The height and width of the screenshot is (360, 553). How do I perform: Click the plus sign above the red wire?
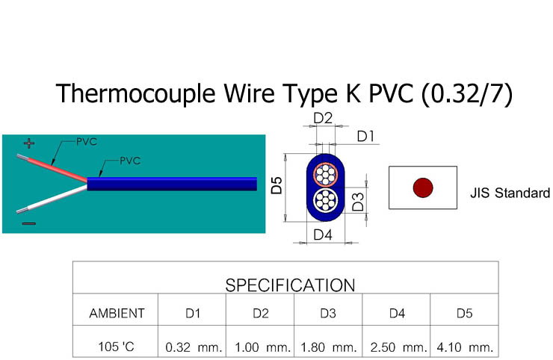coord(29,143)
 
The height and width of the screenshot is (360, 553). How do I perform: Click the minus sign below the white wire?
coord(28,223)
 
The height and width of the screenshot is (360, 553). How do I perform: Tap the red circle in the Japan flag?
coord(423,187)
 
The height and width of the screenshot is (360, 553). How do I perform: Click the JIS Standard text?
coord(510,193)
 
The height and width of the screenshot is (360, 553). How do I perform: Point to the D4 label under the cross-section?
coord(323,235)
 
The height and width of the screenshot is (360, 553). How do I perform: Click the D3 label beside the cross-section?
coord(358,201)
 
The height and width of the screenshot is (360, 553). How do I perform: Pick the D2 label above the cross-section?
coord(323,118)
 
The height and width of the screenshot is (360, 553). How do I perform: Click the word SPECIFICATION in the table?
coord(290,285)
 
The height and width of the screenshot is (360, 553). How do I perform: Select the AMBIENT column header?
coord(117,313)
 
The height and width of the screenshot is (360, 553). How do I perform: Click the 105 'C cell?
coord(117,347)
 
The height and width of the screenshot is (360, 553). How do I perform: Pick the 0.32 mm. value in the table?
coord(193,347)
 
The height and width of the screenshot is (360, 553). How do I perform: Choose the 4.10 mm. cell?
coord(464,347)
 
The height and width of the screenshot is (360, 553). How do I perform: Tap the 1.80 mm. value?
coord(328,347)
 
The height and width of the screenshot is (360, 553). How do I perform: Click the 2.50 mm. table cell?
coord(398,347)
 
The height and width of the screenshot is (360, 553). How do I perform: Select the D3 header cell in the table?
coord(328,314)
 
